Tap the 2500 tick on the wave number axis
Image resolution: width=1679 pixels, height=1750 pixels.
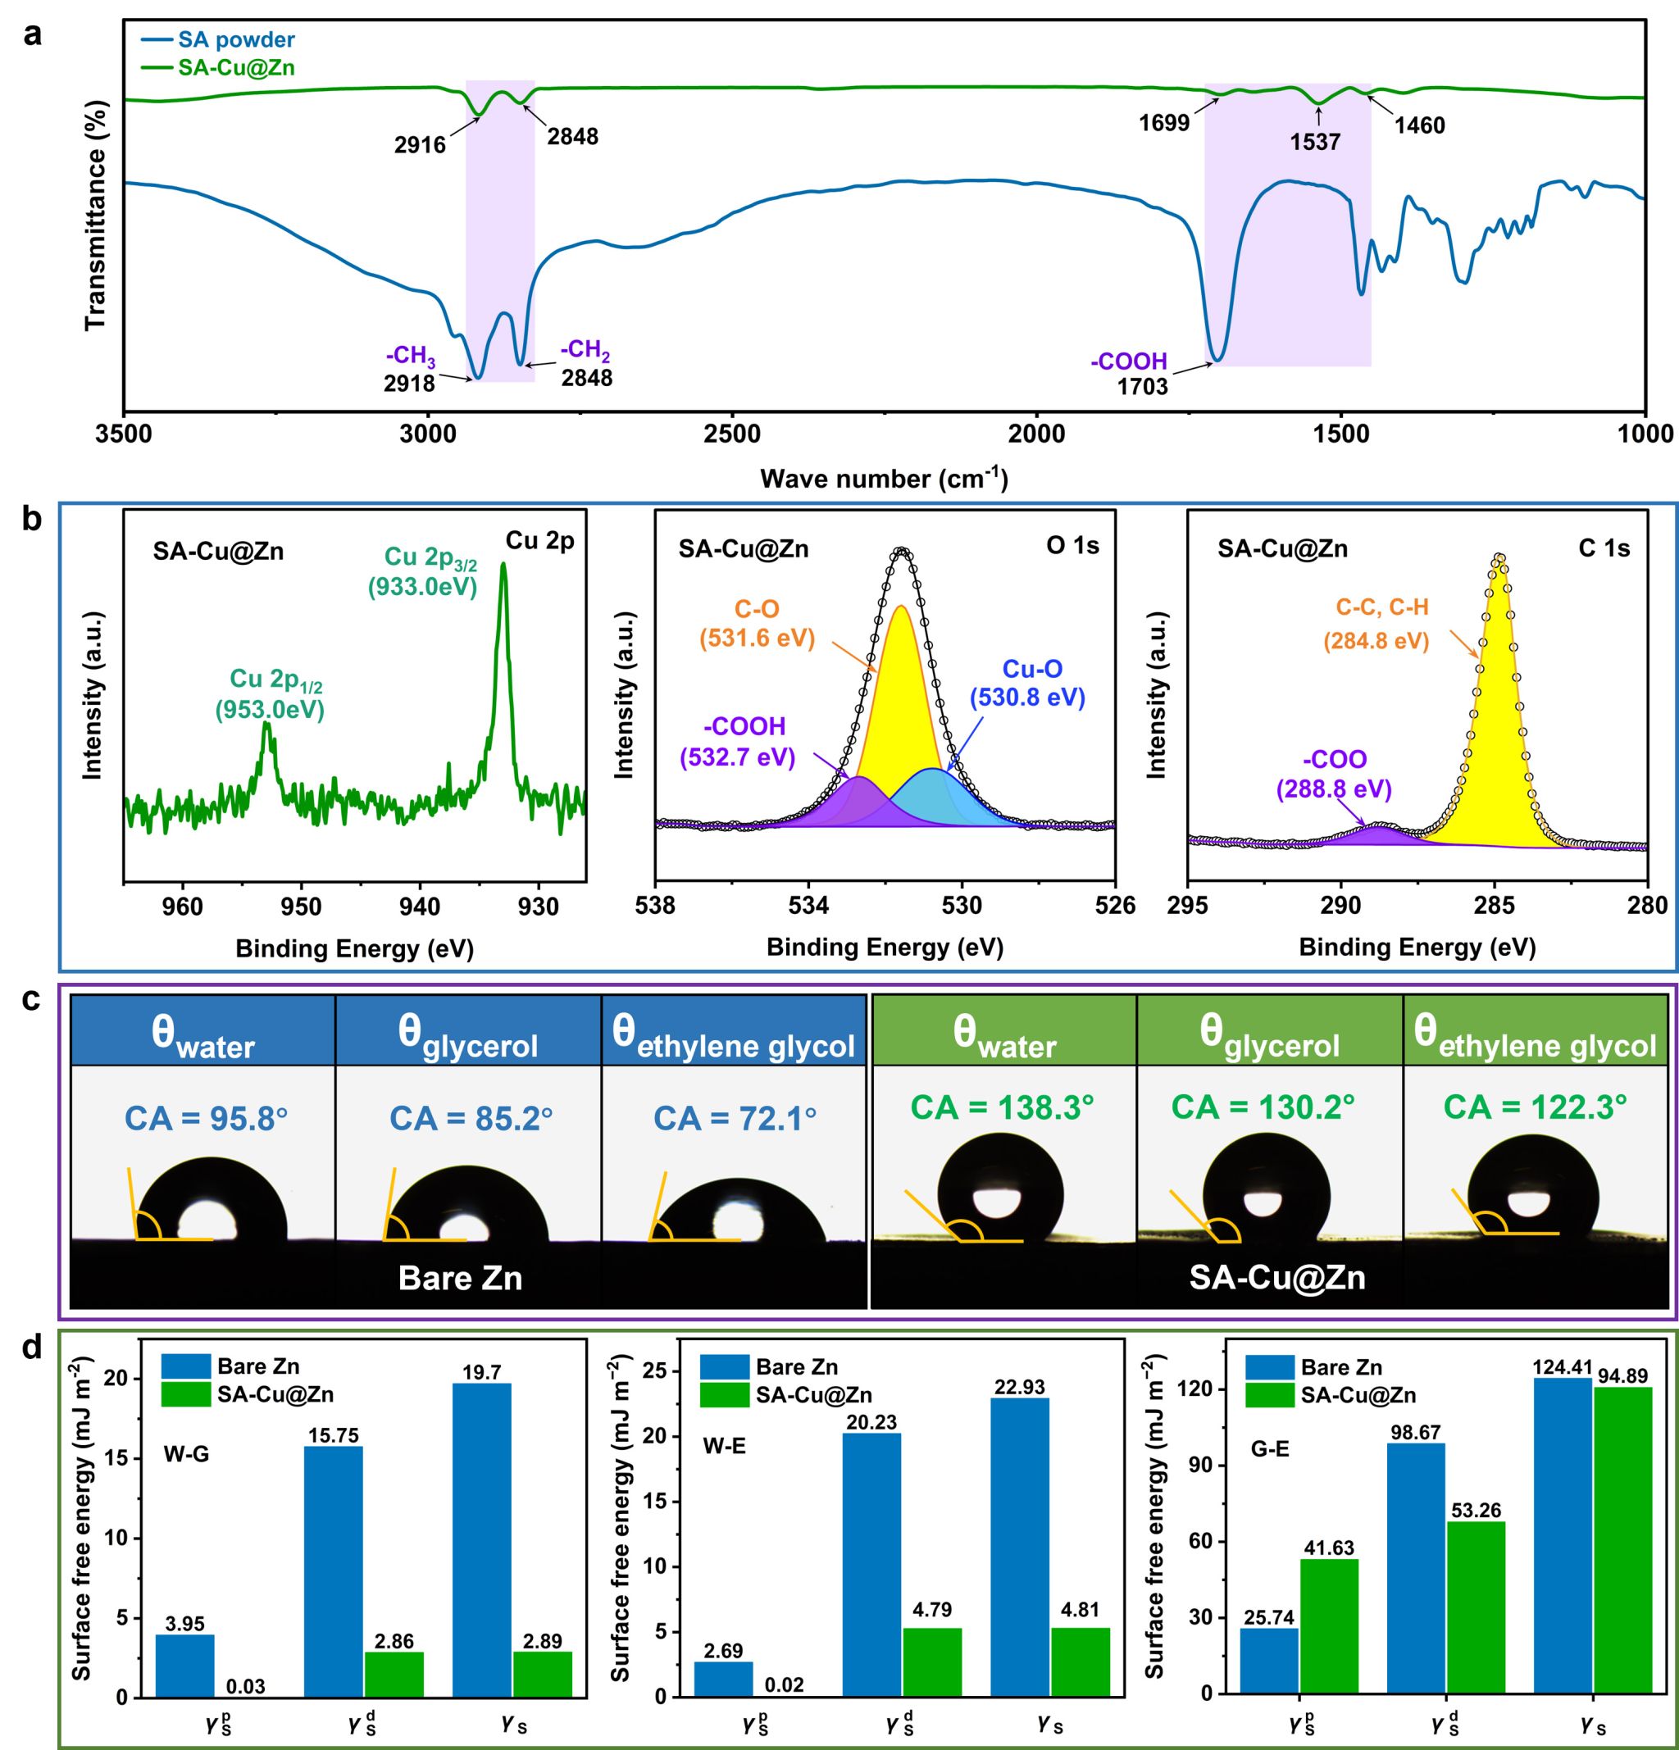click(x=731, y=434)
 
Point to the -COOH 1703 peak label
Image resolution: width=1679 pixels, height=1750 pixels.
click(x=1130, y=373)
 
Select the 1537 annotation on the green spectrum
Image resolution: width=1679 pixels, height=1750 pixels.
click(x=1315, y=141)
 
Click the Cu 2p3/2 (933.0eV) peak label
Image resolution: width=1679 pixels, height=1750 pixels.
click(x=423, y=571)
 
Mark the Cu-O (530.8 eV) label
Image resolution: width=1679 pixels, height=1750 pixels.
click(x=1028, y=683)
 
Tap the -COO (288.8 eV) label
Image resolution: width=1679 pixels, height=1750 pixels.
click(x=1335, y=774)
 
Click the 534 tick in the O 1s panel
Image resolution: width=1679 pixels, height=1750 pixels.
click(x=809, y=906)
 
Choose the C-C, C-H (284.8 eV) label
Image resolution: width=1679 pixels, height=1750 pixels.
click(x=1381, y=623)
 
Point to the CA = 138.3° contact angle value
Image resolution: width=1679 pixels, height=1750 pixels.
click(x=1002, y=1108)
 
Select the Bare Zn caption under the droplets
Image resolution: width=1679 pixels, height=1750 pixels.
click(x=460, y=1278)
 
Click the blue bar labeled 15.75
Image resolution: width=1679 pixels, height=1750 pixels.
click(x=333, y=1572)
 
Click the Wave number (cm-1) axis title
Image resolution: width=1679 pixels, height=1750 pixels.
click(x=883, y=480)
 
